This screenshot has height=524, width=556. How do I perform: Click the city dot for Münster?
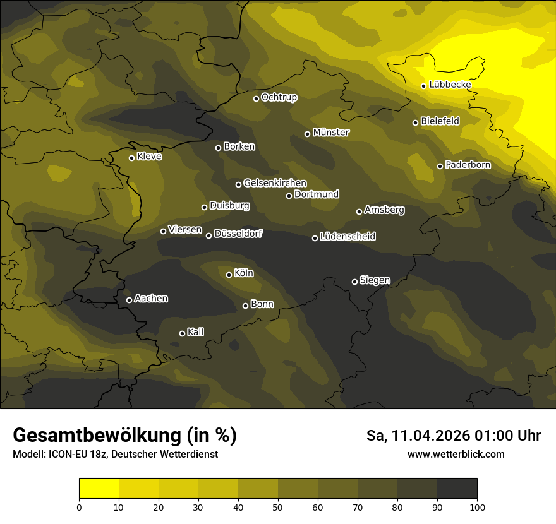308,134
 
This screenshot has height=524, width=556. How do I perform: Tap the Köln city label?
244,273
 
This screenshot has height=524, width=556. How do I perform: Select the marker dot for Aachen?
129,300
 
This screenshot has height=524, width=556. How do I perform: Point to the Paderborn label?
468,165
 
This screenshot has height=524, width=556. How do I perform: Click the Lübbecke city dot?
424,86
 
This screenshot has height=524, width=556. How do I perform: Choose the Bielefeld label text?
440,121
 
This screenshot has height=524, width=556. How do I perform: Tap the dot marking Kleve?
131,158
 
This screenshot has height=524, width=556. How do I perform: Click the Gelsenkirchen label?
275,183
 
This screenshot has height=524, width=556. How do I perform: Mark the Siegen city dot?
354,282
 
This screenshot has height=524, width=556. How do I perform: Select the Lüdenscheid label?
348,236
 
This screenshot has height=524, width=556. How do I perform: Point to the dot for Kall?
182,333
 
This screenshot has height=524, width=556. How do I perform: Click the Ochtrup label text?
279,97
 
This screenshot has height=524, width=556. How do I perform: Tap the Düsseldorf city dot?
209,235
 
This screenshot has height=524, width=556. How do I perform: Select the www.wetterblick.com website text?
456,454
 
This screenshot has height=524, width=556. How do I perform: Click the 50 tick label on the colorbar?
278,506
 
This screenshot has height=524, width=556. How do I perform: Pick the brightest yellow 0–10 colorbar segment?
99,489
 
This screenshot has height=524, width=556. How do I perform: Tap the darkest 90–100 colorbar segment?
457,489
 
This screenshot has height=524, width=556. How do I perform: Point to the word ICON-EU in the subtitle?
66,454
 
